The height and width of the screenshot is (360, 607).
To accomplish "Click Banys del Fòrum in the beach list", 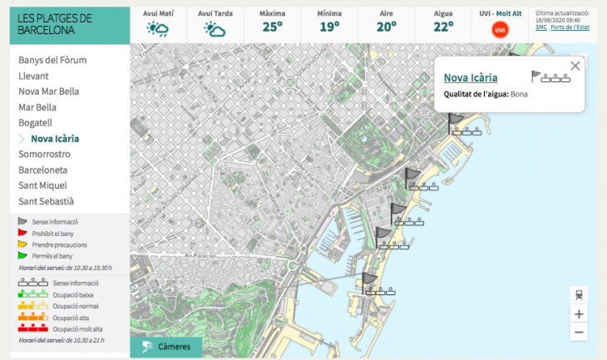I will point(52,60).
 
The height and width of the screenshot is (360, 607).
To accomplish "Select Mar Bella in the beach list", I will point(37,107).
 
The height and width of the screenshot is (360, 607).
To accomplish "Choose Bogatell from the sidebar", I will point(35,122).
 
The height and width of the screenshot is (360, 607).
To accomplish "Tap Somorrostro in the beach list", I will point(44,154).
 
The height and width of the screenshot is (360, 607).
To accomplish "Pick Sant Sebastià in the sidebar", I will point(46,201).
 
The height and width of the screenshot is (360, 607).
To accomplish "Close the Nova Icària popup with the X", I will point(575,66).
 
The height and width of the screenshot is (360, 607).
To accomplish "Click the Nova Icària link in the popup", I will point(471,78).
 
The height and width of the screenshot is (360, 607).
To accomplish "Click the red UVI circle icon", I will point(500,30).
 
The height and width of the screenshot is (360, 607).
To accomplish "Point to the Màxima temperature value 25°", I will point(273,27).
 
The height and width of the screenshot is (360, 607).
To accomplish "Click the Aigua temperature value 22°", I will point(443,27).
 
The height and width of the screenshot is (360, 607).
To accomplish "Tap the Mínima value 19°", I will point(329,27).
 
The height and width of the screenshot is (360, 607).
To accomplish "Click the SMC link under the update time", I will point(541,27).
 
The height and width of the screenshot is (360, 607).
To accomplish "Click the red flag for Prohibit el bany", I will point(23,234).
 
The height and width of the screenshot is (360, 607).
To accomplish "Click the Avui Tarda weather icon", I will point(215,29).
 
